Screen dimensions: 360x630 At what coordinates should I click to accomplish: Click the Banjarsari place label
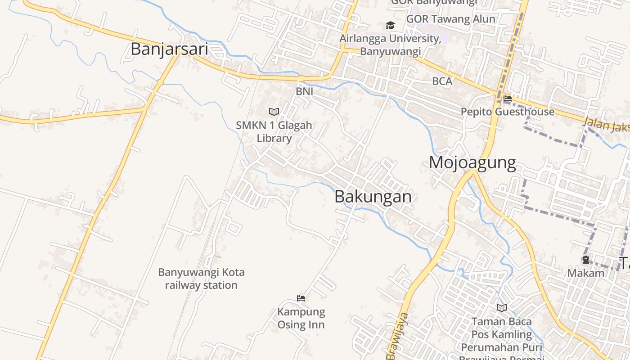click(x=169, y=49)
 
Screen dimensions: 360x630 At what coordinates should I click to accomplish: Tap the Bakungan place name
click(x=373, y=197)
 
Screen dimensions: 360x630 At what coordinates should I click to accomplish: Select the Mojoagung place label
click(x=472, y=162)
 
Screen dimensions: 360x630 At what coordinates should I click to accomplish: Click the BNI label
click(x=304, y=91)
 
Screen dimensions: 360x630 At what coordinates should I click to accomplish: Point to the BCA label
click(x=442, y=81)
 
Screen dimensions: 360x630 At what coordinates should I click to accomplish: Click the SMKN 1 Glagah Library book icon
click(x=274, y=112)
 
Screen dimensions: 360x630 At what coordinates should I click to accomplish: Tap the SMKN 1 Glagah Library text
click(x=274, y=131)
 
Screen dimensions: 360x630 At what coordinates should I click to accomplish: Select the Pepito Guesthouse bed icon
click(x=508, y=99)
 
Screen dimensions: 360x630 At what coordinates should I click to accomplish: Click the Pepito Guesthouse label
click(x=508, y=112)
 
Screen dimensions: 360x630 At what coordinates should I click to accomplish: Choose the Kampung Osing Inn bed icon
click(x=301, y=298)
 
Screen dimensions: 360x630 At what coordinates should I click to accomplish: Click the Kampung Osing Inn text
click(x=301, y=318)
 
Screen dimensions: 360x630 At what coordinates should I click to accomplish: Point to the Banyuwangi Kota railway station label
click(x=201, y=279)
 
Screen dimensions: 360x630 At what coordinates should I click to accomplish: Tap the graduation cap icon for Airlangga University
click(x=390, y=25)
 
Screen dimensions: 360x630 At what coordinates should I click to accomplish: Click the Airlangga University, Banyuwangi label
click(x=390, y=45)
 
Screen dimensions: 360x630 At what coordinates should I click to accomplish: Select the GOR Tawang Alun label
click(x=450, y=19)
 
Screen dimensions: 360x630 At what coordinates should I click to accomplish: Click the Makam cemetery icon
click(x=585, y=260)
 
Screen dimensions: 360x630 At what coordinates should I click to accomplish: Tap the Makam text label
click(x=585, y=273)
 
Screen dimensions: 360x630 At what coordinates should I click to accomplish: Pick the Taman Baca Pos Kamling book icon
click(x=502, y=308)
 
